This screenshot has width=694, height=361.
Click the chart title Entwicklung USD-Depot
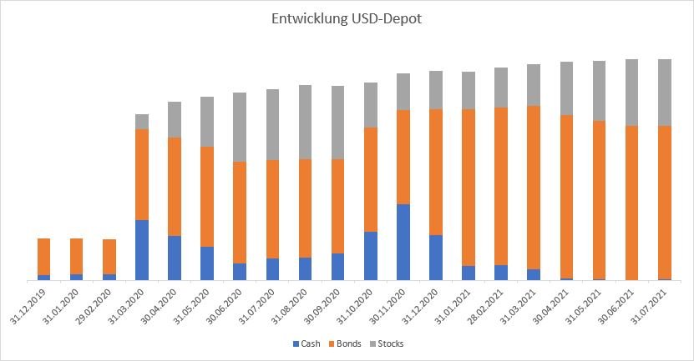(x=347, y=18)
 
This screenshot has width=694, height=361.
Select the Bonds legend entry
(x=350, y=343)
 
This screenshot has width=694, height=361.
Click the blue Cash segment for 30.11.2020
(x=403, y=242)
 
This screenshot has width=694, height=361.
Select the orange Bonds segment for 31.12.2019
(x=44, y=257)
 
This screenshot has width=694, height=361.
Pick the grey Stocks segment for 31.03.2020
(x=142, y=122)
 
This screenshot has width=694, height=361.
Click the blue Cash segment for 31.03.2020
(x=142, y=250)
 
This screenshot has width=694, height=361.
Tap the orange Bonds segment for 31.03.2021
(x=534, y=188)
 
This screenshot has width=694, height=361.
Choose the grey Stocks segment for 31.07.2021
(x=665, y=93)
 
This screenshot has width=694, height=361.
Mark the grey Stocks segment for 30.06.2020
(x=240, y=127)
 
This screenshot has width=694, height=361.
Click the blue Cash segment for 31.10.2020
(x=371, y=255)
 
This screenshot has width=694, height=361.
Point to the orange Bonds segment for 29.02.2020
(x=109, y=257)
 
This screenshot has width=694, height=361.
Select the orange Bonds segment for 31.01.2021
(x=469, y=188)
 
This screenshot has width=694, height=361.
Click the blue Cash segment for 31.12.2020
(x=436, y=258)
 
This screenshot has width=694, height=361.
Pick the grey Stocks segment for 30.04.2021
(x=567, y=88)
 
